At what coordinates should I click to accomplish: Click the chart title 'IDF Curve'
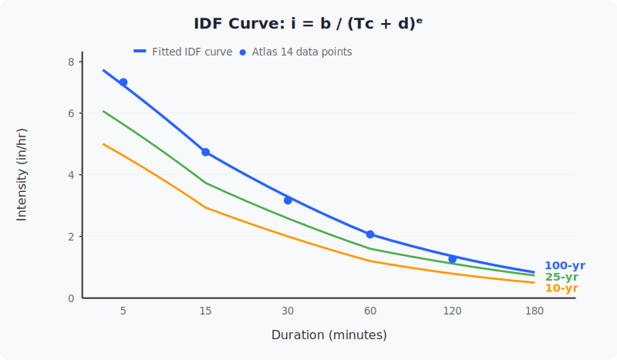coord(308,23)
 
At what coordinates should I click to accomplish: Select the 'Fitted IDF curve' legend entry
coord(184,52)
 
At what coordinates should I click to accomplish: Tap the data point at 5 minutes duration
coord(123,82)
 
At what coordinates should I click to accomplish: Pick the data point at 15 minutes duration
coord(206,152)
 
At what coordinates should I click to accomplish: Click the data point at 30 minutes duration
coord(288,200)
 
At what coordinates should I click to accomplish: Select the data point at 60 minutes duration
coord(370,234)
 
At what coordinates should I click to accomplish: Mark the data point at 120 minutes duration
coord(453,259)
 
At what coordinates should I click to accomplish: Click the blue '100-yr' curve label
coord(565,265)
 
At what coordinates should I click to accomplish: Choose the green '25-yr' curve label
coord(561,277)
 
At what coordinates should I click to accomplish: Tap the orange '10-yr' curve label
coord(561,288)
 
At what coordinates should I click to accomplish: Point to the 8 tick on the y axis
coord(71,62)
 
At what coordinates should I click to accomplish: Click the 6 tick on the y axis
coord(71,113)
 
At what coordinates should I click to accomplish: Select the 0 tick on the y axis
coord(71,298)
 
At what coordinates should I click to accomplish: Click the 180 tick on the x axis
coord(534,311)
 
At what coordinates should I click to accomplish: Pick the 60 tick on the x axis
coord(370,311)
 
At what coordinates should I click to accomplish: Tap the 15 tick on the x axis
coord(206,311)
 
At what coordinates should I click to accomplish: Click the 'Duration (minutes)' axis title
coord(329,335)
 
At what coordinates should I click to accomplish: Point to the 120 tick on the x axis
coord(453,311)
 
